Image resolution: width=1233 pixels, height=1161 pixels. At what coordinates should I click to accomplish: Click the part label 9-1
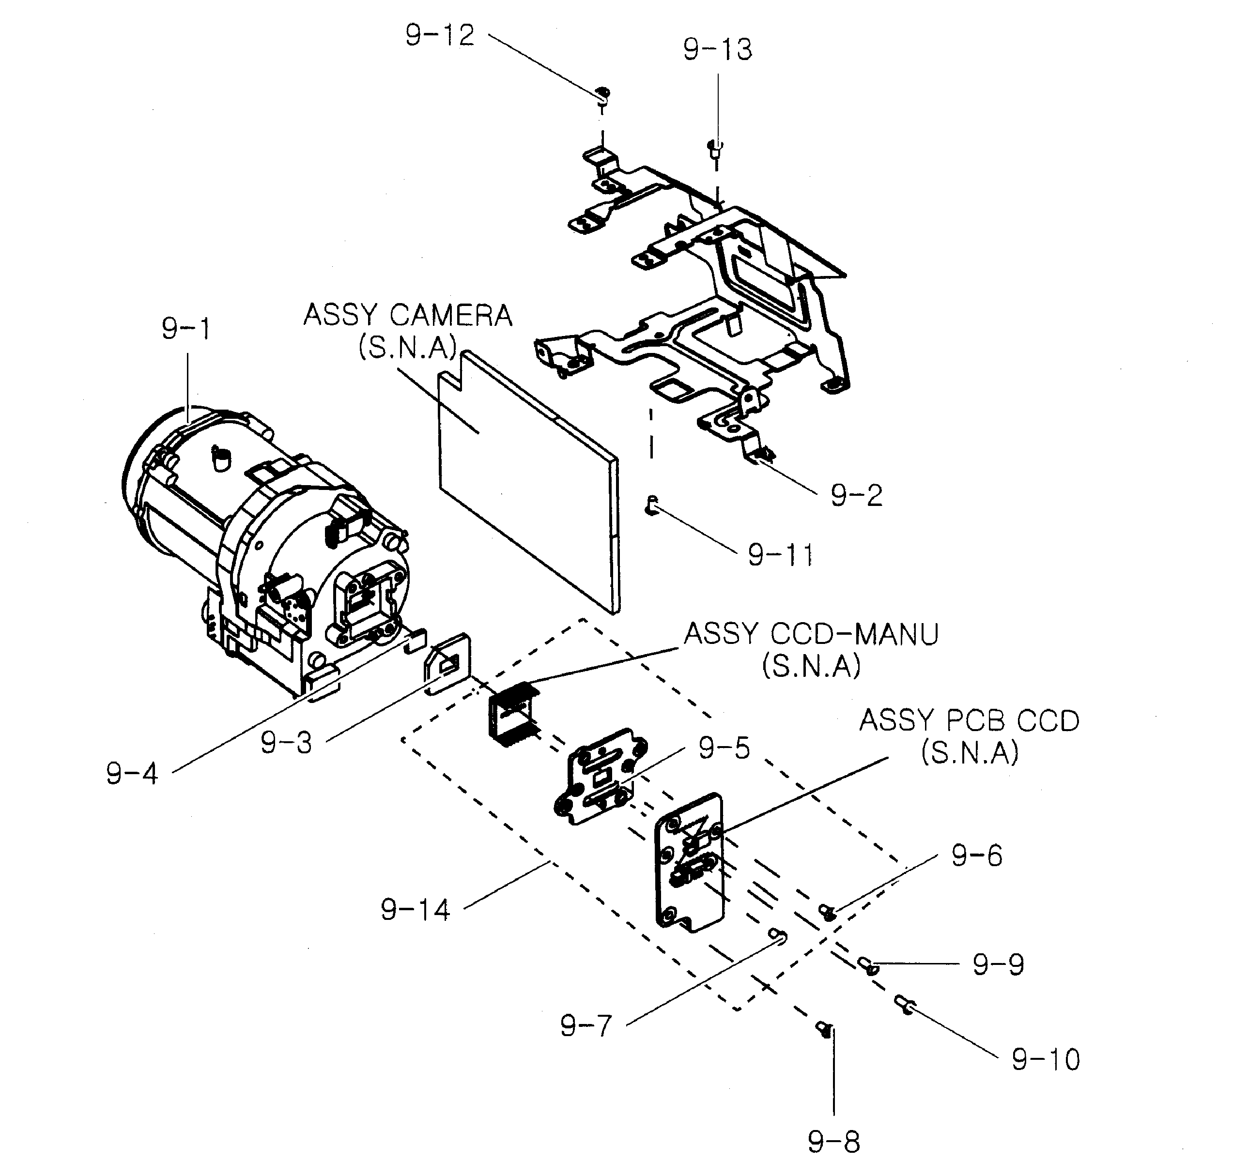[x=186, y=329]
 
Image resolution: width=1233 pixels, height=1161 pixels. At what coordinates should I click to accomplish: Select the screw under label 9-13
[x=714, y=148]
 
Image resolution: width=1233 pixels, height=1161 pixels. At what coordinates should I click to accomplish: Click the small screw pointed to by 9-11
[x=650, y=505]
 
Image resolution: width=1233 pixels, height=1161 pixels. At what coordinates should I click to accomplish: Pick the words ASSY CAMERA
[x=407, y=316]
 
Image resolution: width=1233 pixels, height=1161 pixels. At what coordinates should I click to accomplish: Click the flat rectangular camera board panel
[x=527, y=484]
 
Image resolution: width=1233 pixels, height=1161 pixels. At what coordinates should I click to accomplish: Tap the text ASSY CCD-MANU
[x=811, y=634]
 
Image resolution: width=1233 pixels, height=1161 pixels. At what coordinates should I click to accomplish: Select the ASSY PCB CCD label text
[x=969, y=721]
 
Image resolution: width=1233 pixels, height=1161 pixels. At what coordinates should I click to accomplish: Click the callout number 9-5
[x=724, y=749]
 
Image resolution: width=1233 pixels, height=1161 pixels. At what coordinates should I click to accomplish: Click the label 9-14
[x=415, y=910]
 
